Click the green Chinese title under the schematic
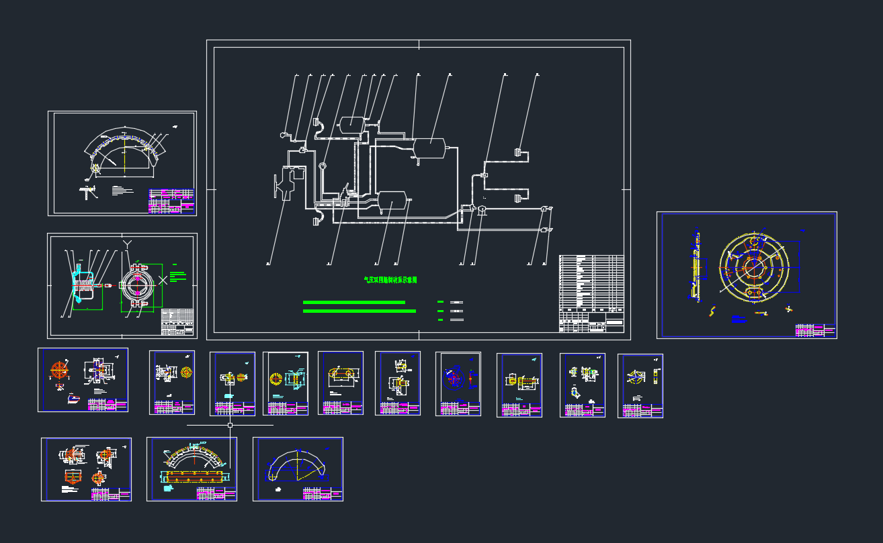pos(390,280)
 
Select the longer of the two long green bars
pos(360,311)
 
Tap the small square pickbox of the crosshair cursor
pos(230,425)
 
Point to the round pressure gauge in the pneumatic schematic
pos(323,166)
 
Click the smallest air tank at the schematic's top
pos(351,124)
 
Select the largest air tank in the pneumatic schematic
pos(430,148)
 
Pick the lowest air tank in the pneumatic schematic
pos(391,199)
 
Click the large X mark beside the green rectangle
pos(163,281)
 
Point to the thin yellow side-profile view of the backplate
pos(696,265)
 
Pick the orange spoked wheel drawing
pos(60,370)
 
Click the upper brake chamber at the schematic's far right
pos(518,152)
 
